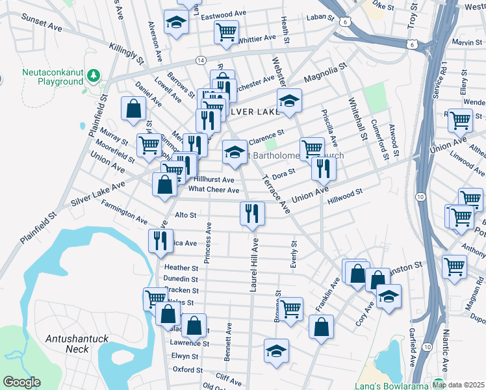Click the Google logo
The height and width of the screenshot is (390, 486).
tap(21, 382)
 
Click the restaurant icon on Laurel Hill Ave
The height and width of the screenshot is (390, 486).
tap(252, 213)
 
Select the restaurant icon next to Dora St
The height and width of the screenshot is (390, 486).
tap(323, 168)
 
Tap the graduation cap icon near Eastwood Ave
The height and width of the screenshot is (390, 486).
tap(175, 23)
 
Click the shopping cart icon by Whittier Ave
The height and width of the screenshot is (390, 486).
tap(226, 31)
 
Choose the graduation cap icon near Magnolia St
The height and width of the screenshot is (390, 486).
tap(290, 100)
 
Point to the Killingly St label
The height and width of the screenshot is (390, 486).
tap(127, 53)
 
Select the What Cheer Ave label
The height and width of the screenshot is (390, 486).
tap(214, 190)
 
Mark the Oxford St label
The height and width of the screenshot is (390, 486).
tap(188, 369)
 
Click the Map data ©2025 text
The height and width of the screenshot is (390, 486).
tap(457, 384)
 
